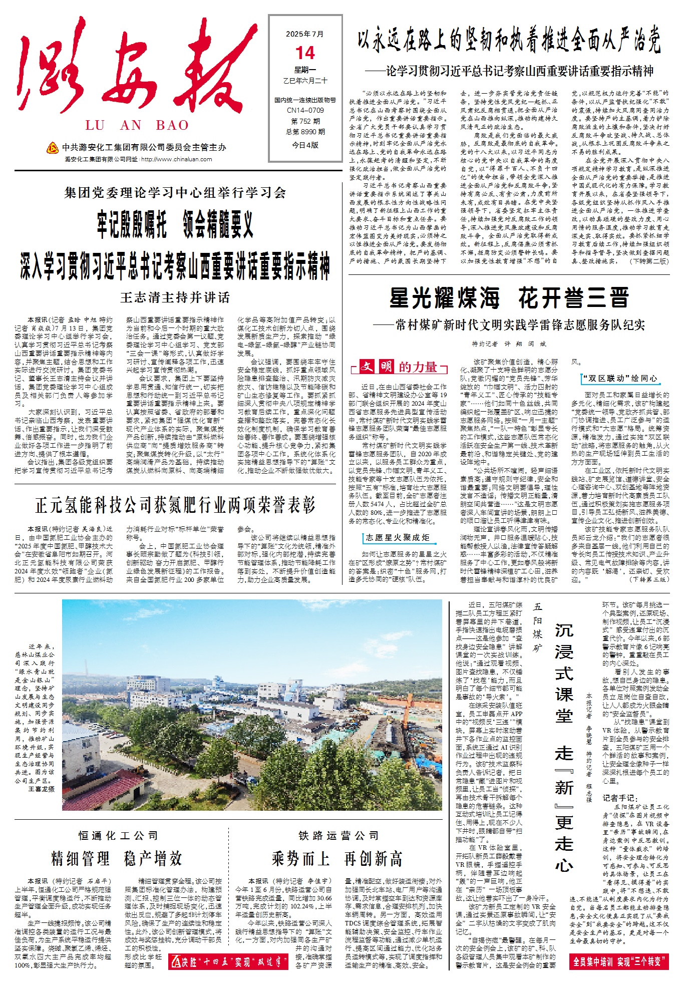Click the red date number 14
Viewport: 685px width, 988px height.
click(305, 53)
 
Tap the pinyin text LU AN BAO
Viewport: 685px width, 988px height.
click(137, 125)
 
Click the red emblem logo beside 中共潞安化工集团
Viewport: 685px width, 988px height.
click(52, 148)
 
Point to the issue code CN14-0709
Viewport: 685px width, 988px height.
click(305, 110)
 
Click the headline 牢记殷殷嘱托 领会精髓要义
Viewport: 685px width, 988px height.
click(175, 225)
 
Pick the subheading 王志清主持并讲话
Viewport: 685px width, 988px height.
click(175, 297)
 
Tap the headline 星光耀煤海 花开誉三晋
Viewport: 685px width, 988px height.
click(509, 298)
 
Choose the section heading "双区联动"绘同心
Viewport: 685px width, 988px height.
click(619, 378)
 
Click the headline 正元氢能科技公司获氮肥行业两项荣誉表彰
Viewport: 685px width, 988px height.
click(175, 505)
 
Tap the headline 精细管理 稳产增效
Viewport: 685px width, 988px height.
click(117, 858)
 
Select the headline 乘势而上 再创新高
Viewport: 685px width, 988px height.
click(337, 858)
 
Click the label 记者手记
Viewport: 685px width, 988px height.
click(620, 798)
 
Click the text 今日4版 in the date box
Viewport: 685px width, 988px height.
click(305, 145)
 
